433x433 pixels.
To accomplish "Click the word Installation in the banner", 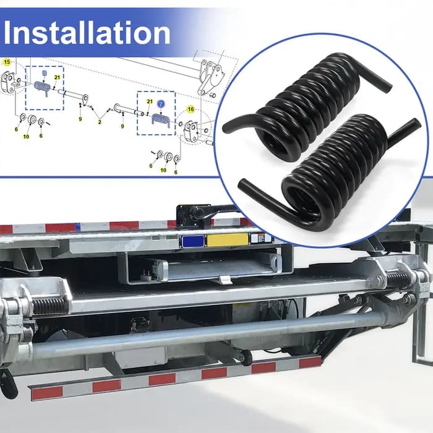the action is coord(87,33).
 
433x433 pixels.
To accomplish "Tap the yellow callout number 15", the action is coord(7,62).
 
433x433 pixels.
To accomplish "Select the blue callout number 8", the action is coord(45,73).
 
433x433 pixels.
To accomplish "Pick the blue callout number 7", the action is coord(161,104).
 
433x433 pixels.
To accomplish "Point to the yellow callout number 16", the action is coord(191,109).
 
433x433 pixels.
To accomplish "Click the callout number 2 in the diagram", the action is coord(100,122).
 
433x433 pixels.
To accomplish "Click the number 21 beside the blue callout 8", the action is coord(57,77).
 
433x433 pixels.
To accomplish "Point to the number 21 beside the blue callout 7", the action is coord(150,101).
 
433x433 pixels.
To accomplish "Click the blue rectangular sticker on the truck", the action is coord(193,241).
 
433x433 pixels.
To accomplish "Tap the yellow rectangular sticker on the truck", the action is coord(227,239).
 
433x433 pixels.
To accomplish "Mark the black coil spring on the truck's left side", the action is coord(48,302).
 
